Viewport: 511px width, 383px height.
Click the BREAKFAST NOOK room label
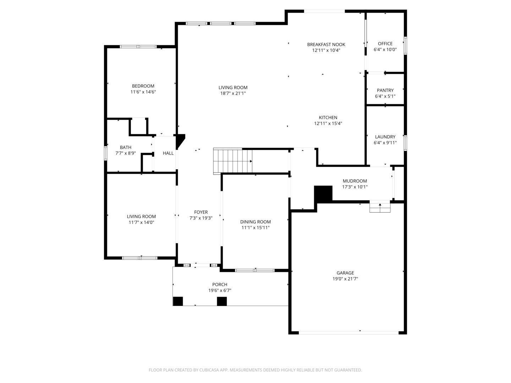[x=326, y=44]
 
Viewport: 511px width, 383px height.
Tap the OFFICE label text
[x=385, y=44]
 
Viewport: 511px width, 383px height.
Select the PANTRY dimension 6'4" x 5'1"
[x=385, y=96]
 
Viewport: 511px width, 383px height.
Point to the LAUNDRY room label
[x=385, y=137]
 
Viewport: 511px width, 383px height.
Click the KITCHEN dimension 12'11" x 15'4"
[x=328, y=123]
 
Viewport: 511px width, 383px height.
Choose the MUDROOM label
[x=355, y=181]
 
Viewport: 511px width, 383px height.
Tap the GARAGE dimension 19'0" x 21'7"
[x=345, y=279]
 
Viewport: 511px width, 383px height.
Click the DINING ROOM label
[x=255, y=222]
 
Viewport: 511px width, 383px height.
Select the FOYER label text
[x=201, y=212]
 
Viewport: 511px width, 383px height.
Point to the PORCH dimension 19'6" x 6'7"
[x=220, y=290]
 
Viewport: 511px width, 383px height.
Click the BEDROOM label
[x=143, y=86]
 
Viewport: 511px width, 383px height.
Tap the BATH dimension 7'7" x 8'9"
[x=126, y=153]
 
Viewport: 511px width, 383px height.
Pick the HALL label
[x=168, y=153]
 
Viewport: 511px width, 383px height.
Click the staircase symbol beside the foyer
[x=232, y=161]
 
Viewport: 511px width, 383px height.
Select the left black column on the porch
[x=178, y=301]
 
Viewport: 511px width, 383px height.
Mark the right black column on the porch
[x=222, y=301]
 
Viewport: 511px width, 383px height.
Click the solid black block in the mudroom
[x=323, y=194]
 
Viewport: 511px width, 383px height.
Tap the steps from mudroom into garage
[x=380, y=207]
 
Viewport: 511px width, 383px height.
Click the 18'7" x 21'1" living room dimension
[x=233, y=93]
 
